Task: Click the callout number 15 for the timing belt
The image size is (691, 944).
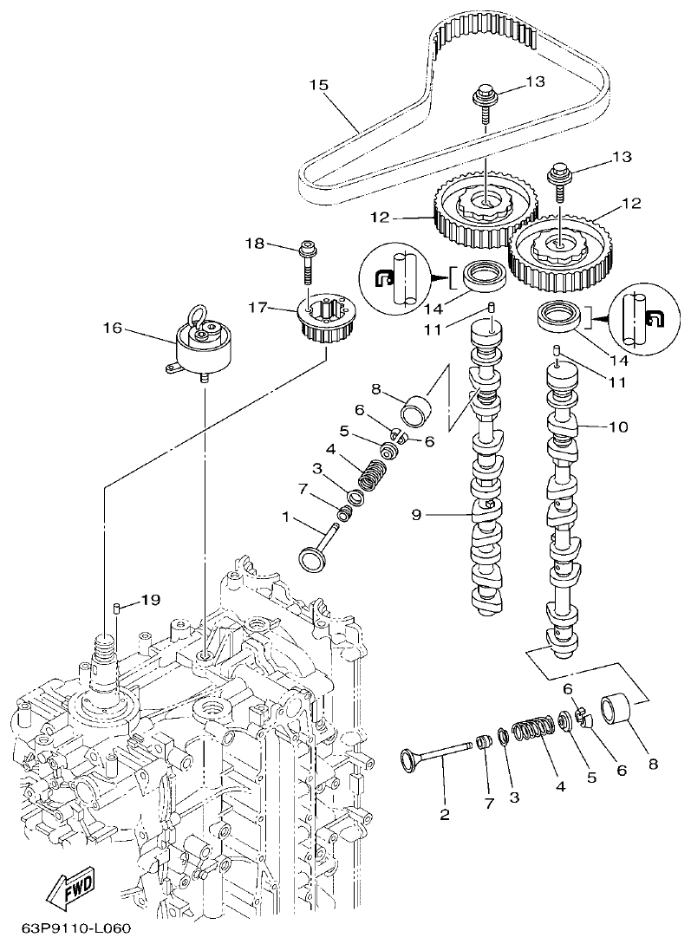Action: [x=318, y=85]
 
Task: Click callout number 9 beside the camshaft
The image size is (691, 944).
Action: [x=415, y=515]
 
